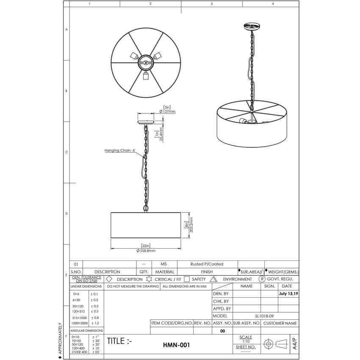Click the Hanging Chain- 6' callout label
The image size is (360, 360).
tap(119, 150)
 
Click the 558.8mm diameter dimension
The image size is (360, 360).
tap(146, 251)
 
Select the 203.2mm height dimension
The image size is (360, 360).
tap(191, 225)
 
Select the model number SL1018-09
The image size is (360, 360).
tap(267, 316)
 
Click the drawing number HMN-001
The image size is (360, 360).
tap(176, 345)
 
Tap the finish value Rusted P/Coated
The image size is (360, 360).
tap(207, 264)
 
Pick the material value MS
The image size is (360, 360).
tap(164, 264)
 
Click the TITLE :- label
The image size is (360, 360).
tap(119, 341)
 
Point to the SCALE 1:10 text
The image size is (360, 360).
tap(246, 339)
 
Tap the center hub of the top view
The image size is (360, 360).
tap(146, 63)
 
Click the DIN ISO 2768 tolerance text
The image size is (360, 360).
tap(87, 281)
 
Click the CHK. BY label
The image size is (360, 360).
tap(220, 301)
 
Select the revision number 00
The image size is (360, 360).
tap(223, 331)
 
